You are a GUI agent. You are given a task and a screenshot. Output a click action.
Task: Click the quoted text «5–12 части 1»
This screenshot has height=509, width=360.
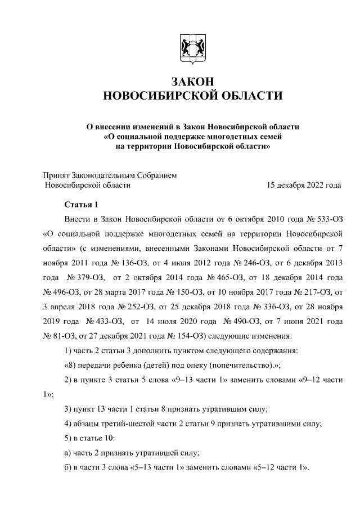point(279,468)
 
